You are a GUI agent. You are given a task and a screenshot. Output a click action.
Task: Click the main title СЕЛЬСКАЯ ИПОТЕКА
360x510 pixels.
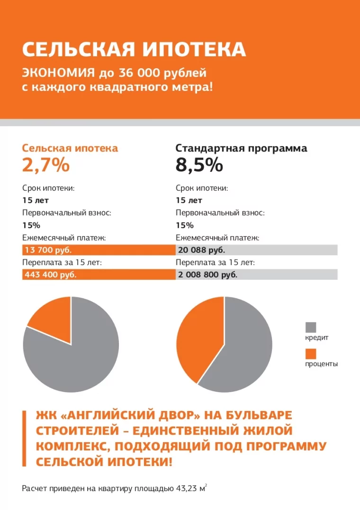click(134, 50)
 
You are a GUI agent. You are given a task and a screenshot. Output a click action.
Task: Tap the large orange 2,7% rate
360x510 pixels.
click(46, 166)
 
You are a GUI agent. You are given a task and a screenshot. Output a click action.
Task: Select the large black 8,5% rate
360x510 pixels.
click(199, 166)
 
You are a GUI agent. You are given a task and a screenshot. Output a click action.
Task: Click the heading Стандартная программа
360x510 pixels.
click(241, 148)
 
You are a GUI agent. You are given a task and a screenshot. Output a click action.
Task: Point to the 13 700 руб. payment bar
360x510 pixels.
click(99, 250)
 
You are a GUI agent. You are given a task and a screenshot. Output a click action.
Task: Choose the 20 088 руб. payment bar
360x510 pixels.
click(256, 250)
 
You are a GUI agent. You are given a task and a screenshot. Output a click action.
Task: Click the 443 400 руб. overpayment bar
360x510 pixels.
click(99, 274)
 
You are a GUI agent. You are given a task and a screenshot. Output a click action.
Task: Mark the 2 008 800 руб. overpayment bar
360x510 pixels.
click(256, 274)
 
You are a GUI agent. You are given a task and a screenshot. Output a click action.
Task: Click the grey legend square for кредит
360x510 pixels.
click(311, 327)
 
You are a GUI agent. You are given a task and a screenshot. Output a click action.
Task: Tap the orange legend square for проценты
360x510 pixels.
click(311, 354)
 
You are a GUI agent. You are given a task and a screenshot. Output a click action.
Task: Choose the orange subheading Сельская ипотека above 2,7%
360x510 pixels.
click(70, 148)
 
